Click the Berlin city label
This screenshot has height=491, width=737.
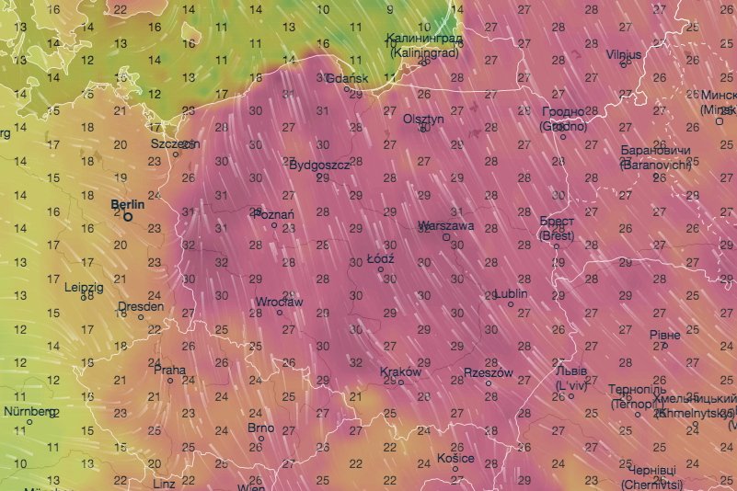(127, 204)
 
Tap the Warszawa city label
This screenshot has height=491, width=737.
(445, 225)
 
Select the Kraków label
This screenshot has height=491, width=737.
(400, 372)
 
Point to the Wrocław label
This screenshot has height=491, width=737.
(279, 302)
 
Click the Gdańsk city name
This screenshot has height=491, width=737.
(348, 78)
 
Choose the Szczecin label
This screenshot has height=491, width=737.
(176, 144)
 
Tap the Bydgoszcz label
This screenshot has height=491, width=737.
(319, 166)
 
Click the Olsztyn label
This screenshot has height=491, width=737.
(424, 119)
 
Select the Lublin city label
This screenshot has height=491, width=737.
(512, 294)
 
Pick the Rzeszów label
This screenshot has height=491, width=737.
(488, 373)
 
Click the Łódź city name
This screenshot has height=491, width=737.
(380, 259)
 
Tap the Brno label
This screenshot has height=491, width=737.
(261, 428)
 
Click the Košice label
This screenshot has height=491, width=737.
(455, 458)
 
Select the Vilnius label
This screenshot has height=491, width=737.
(624, 55)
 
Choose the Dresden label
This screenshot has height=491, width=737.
(141, 306)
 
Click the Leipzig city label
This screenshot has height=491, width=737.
(84, 287)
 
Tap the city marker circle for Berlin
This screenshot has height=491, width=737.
(128, 217)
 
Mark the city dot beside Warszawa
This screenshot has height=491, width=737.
(446, 237)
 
